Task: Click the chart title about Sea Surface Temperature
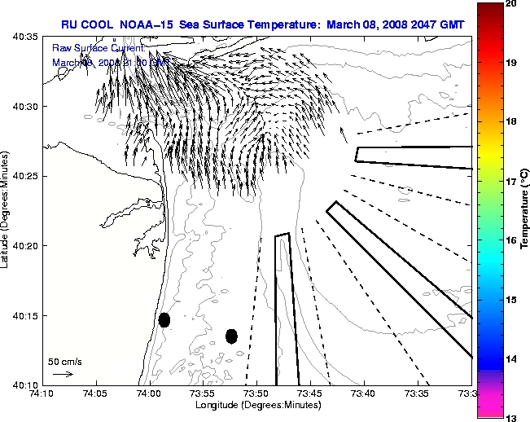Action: coord(262,24)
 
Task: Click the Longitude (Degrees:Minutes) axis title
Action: coord(256,406)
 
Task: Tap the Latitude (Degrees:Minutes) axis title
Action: coord(7,211)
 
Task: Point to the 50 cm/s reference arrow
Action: coord(63,374)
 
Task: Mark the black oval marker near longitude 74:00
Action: coord(164,319)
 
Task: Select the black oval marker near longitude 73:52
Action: coord(231,336)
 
